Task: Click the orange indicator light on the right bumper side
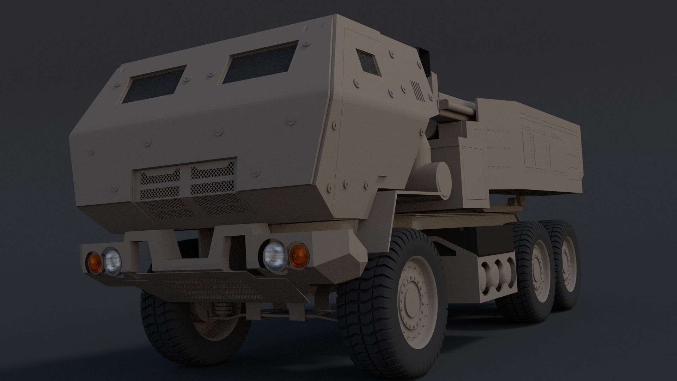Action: [x=298, y=255]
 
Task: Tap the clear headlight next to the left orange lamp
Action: [x=112, y=261]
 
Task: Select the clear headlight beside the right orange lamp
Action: [x=275, y=256]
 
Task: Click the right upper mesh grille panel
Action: [x=213, y=178]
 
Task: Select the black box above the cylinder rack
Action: [x=494, y=240]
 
